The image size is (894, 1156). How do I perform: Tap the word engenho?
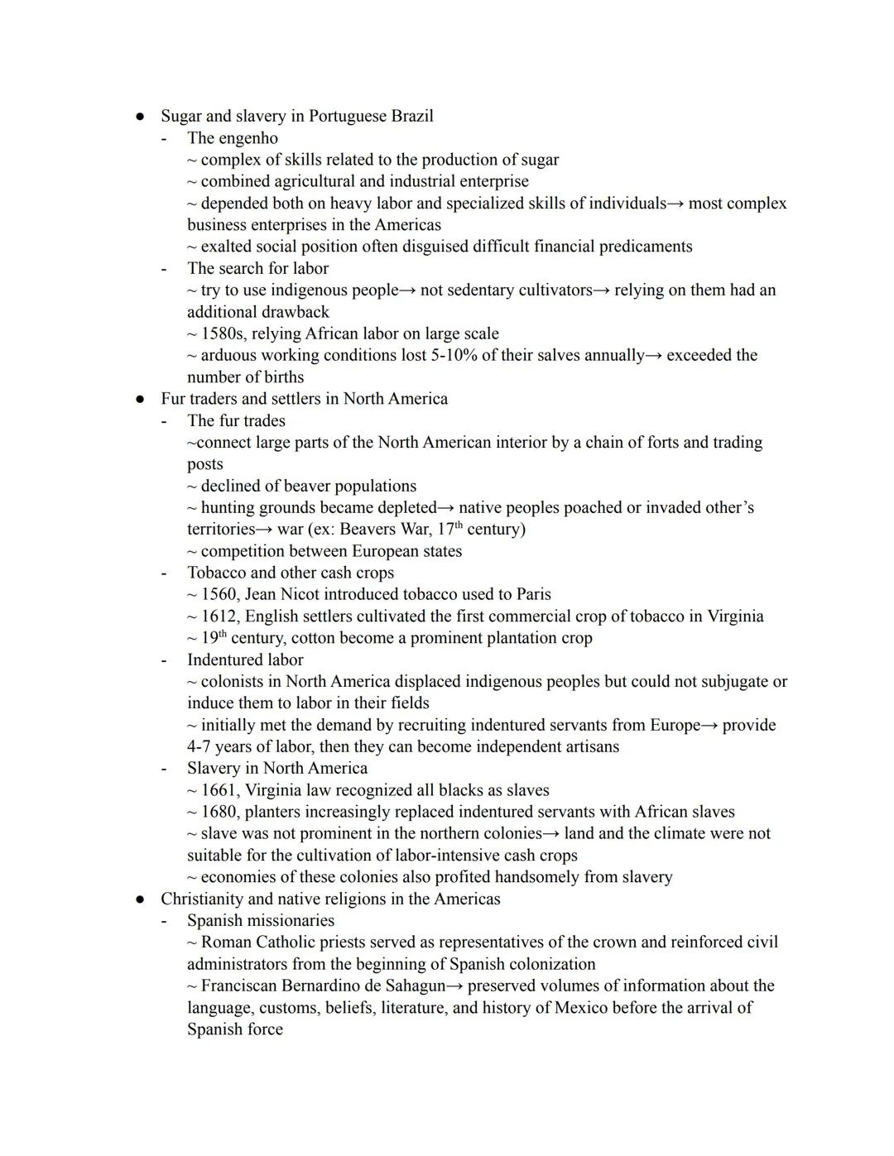pos(248,138)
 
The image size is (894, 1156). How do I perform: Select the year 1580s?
pos(223,333)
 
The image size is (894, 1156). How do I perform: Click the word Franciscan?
pos(239,986)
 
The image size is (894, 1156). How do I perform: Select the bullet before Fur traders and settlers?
pos(141,399)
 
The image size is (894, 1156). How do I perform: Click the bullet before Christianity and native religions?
pos(141,899)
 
